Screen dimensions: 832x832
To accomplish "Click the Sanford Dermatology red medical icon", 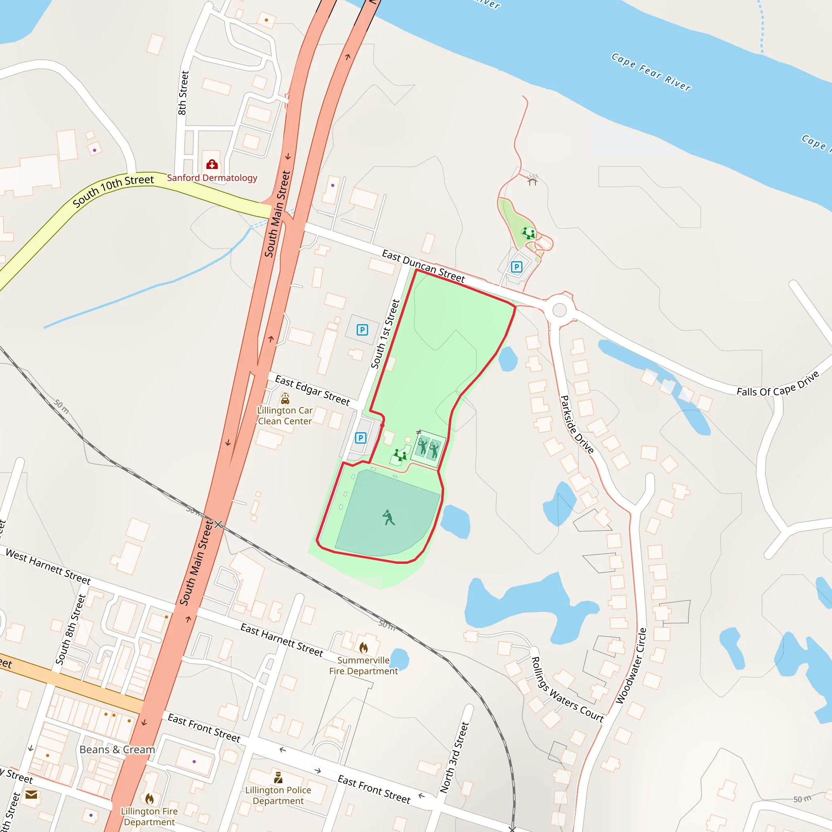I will point(212,165).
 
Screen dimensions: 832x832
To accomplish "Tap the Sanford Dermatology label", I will point(212,178).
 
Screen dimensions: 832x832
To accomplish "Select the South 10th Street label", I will point(113,191).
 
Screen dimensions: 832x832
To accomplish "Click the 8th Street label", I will point(184,93).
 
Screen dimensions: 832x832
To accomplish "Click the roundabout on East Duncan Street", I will point(559,310).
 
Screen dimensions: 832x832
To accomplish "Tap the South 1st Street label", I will point(386,334).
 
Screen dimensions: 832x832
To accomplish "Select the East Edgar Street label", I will point(312,390).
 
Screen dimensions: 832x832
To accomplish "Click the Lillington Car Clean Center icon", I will point(285,399).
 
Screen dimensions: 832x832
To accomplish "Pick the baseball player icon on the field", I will point(389,517).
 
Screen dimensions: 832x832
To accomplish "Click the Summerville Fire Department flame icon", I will point(364,648).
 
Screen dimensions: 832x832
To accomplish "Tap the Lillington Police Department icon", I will point(278,777).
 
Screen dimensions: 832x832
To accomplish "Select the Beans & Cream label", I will point(117,750).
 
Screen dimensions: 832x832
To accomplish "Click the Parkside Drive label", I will point(576,424).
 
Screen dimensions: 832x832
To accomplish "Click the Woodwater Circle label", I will point(631,666).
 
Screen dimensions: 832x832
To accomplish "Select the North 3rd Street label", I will point(454,758).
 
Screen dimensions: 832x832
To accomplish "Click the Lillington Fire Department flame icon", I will point(149,799).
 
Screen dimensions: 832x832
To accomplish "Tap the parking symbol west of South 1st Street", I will point(362,330).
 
